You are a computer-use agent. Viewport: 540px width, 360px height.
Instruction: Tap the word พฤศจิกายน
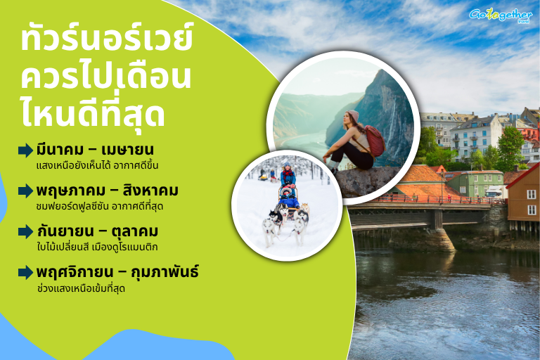75,271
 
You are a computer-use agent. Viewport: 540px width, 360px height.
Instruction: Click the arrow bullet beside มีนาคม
25,150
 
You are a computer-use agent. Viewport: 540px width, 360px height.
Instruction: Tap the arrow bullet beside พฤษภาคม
25,191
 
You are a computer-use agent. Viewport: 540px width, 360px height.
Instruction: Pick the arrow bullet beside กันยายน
25,231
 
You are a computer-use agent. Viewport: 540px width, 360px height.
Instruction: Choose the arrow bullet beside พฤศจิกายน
25,272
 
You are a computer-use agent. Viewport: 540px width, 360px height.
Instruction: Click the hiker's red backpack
375,141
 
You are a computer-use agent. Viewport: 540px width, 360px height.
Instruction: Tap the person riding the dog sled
288,175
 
